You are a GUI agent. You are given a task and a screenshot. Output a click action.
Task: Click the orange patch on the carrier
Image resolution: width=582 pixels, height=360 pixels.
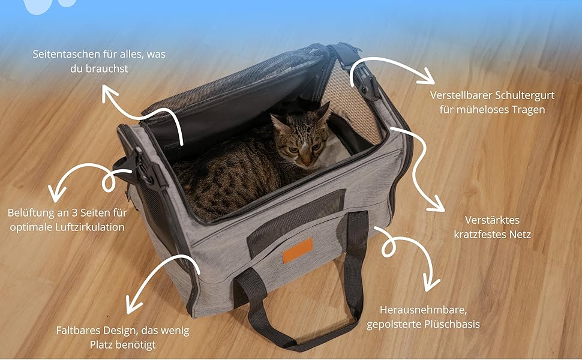pos(298,251)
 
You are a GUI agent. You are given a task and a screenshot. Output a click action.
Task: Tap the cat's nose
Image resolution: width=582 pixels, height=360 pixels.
pos(307,162)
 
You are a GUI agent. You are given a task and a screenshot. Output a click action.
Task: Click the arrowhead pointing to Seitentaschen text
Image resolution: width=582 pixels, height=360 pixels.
pos(109,92)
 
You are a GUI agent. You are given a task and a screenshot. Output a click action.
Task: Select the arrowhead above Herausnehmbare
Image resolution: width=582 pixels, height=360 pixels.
pos(431,284)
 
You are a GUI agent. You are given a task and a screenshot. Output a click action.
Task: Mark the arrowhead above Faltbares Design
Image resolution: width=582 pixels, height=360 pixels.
pos(132,305)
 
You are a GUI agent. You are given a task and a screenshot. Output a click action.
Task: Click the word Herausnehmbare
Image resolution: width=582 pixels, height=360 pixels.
pos(424,310)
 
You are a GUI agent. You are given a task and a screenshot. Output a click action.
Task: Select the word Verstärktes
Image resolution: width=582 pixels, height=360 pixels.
pos(492,220)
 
